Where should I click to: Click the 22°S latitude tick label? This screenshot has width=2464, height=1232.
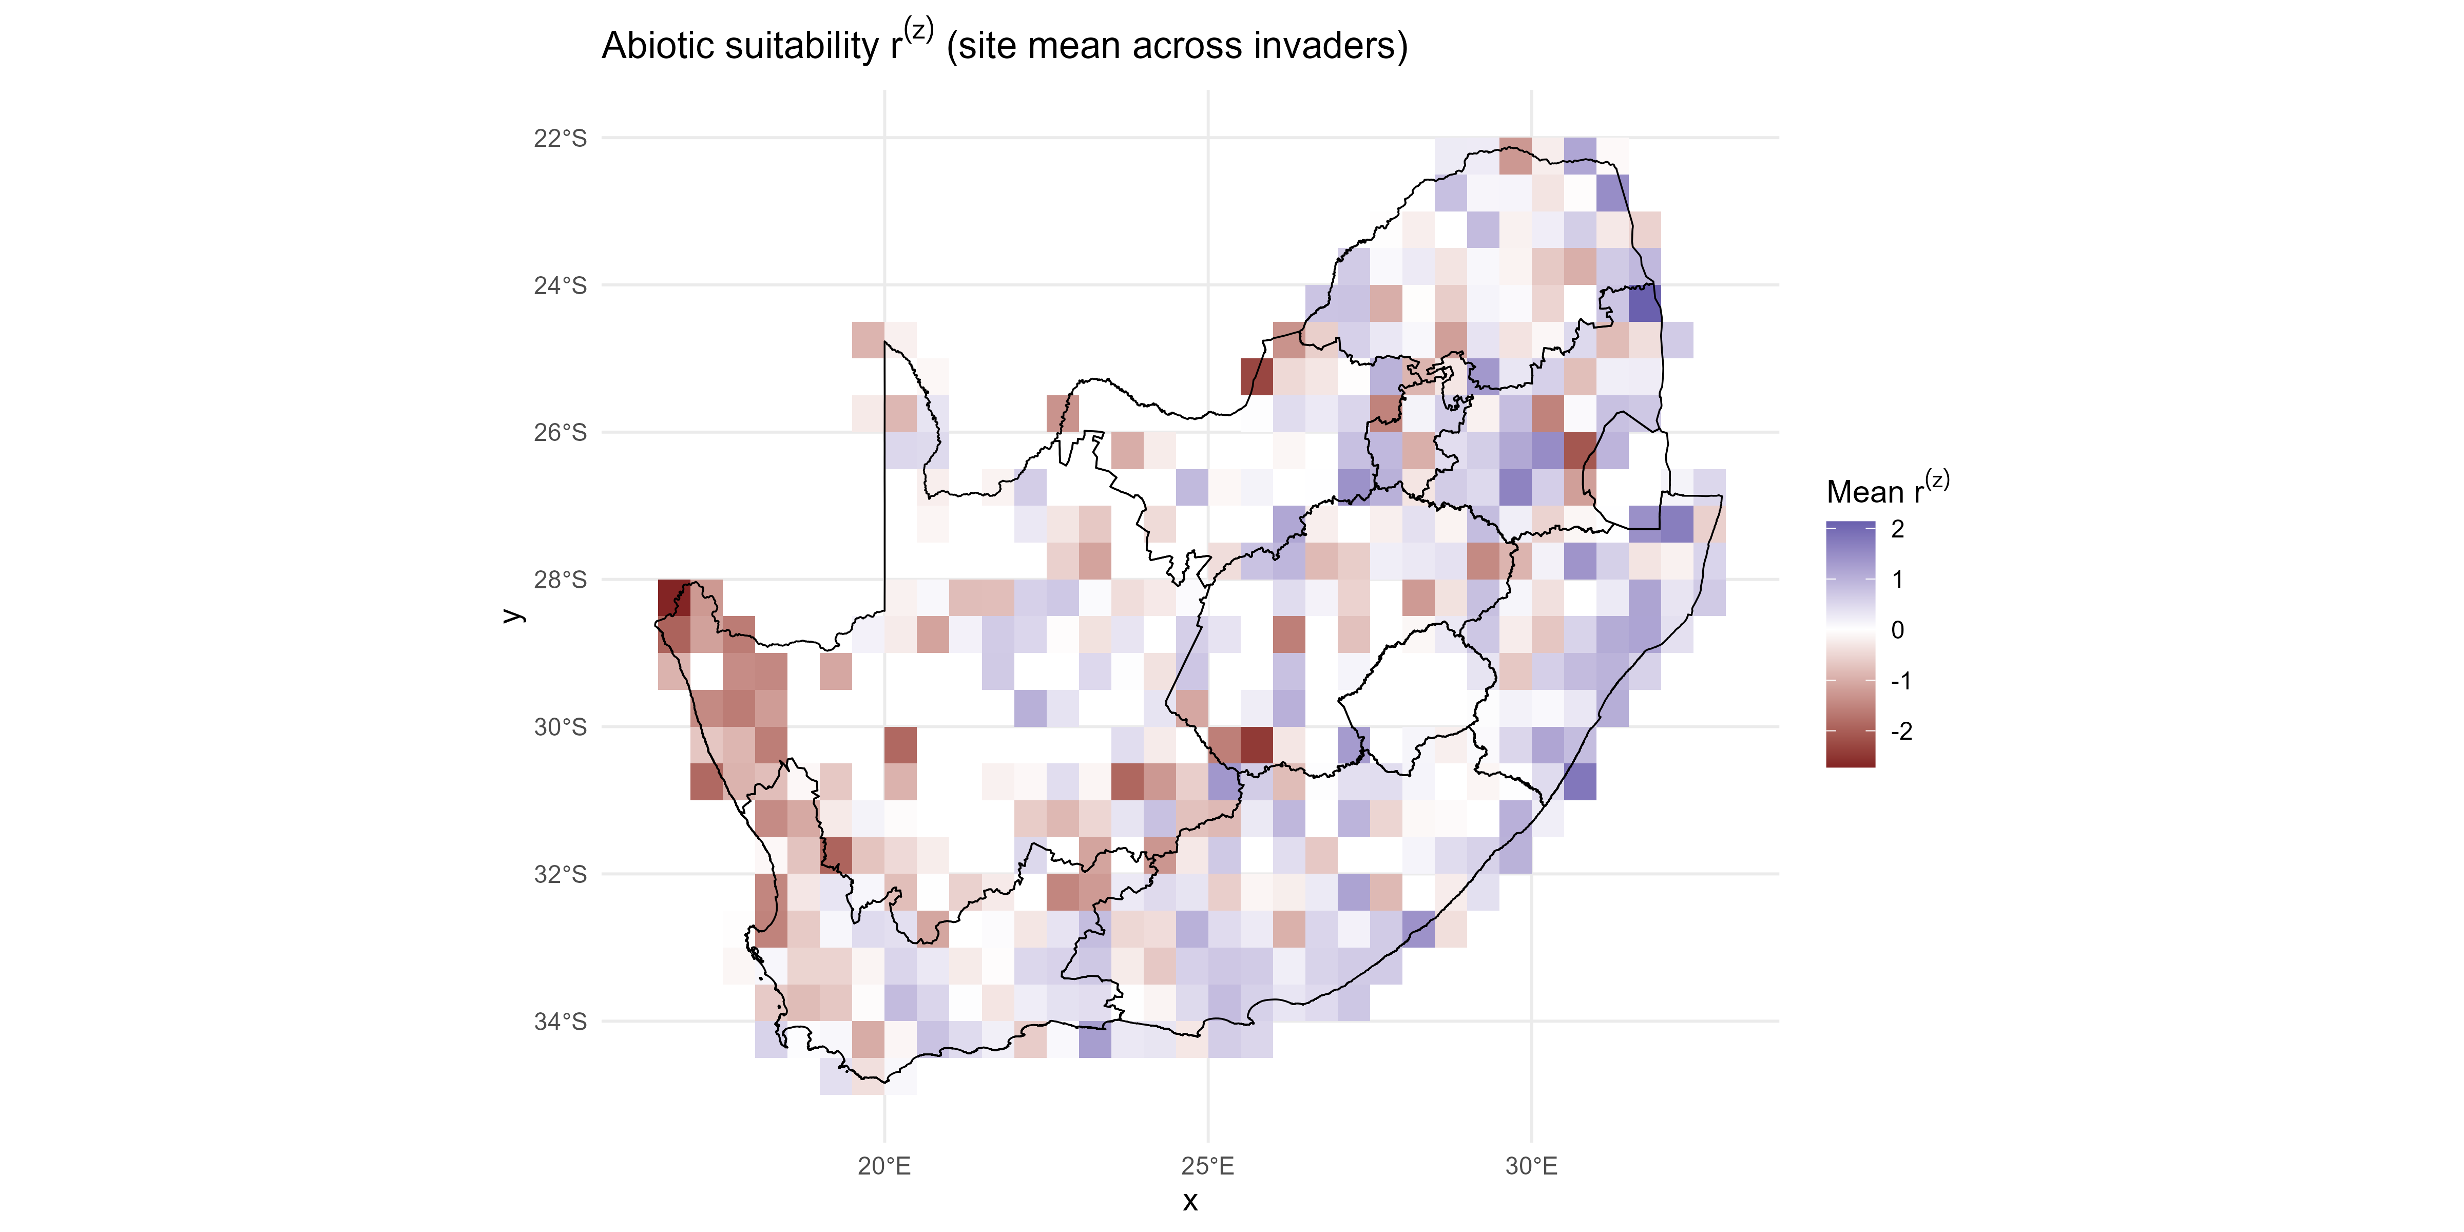(560, 139)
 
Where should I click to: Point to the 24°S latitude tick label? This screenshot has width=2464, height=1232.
(560, 286)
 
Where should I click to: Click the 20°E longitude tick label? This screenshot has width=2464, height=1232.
(885, 1166)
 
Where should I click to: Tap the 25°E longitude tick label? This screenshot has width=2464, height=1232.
(1208, 1166)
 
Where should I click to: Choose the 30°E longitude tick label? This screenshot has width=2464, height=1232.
(1531, 1166)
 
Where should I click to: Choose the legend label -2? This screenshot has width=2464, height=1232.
(1901, 731)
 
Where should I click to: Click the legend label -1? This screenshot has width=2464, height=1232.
(1901, 681)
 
